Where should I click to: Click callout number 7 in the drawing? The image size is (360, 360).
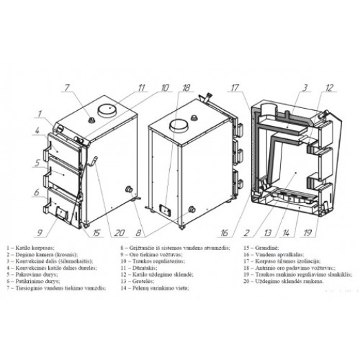(x=67, y=88)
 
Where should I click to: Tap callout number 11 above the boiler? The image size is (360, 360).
(x=142, y=87)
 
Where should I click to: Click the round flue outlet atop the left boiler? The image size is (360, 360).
(x=106, y=109)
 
